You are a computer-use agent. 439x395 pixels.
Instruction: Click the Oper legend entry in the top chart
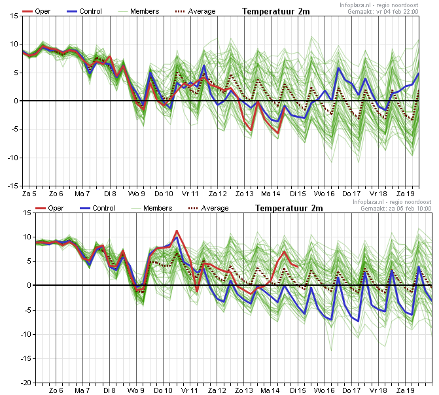click(x=37, y=12)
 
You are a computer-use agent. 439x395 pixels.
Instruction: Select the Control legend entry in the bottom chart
click(x=97, y=208)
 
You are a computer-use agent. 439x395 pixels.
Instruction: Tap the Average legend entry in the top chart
click(x=195, y=12)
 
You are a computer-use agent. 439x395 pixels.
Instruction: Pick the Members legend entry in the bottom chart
click(x=152, y=208)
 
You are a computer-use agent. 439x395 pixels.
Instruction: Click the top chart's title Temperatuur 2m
click(x=276, y=12)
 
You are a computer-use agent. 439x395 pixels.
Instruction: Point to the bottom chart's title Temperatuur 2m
click(x=289, y=208)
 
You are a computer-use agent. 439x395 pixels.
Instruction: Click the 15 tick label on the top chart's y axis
click(x=14, y=16)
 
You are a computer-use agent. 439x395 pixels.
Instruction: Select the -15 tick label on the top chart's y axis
click(x=12, y=186)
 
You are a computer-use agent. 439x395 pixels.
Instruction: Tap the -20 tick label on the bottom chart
click(x=26, y=383)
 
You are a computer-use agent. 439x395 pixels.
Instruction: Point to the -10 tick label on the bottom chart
click(x=26, y=334)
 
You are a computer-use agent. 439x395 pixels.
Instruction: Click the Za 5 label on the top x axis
click(x=29, y=194)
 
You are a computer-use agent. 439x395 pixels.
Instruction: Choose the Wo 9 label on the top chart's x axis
click(x=136, y=194)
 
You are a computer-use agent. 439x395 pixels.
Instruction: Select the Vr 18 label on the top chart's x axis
click(x=378, y=194)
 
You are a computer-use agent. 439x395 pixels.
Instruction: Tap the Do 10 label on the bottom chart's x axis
click(x=164, y=390)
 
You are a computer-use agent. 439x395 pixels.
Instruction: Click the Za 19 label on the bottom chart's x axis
click(x=405, y=390)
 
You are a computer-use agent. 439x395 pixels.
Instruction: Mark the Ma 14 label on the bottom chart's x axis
click(x=270, y=390)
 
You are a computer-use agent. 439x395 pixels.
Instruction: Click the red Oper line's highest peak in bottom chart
click(x=177, y=231)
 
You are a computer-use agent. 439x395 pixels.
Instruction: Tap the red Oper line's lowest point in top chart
click(x=278, y=133)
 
